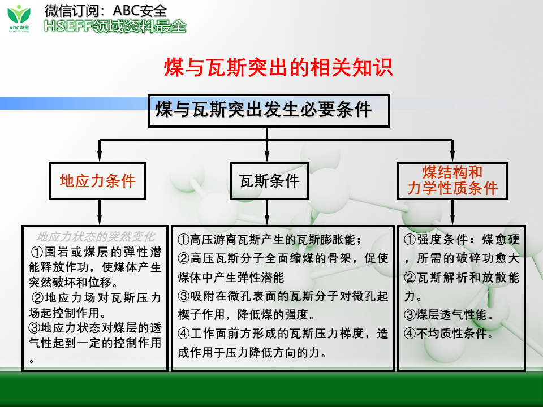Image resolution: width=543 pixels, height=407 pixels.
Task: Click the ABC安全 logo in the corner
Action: point(20,18)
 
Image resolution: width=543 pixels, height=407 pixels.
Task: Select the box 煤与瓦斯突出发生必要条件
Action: point(269,110)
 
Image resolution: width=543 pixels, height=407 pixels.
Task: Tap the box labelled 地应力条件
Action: point(97,181)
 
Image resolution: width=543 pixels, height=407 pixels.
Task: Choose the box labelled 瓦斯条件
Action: point(269,181)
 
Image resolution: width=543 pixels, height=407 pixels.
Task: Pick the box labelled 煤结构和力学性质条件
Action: point(453,181)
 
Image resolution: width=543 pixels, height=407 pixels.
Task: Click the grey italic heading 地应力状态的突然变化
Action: point(95,236)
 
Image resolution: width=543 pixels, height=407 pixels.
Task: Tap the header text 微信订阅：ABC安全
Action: point(106,10)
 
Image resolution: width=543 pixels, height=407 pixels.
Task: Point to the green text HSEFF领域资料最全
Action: point(115,26)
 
